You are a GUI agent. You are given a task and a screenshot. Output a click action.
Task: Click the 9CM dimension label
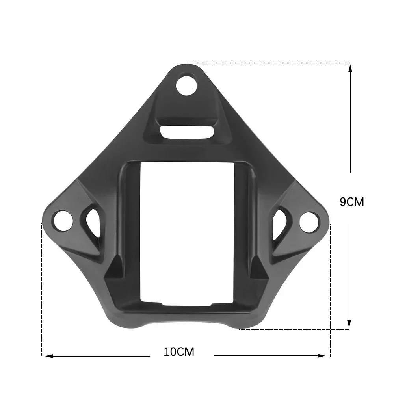(352, 202)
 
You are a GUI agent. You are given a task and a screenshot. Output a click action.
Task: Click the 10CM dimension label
(179, 351)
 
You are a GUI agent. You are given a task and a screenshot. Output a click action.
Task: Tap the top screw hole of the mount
(186, 86)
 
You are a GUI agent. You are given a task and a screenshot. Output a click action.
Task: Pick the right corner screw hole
(309, 221)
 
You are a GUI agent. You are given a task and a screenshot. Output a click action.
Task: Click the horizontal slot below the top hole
(187, 132)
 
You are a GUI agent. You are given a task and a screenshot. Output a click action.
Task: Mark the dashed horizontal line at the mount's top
(268, 63)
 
